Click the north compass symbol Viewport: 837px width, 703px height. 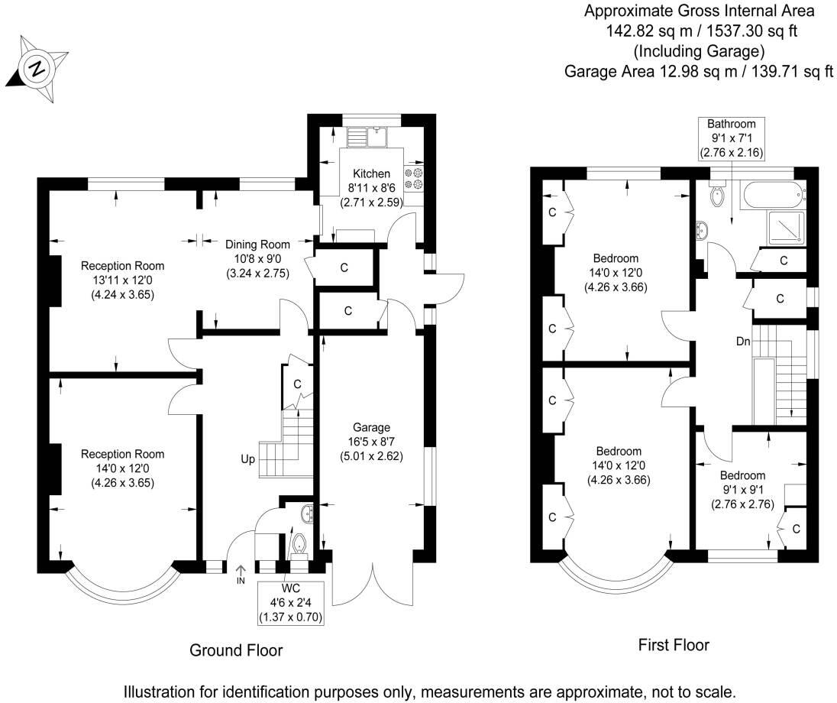35,70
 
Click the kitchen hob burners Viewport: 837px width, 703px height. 413,179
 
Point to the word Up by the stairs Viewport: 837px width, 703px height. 247,460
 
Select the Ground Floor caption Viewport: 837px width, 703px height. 236,650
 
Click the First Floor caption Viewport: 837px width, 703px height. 673,645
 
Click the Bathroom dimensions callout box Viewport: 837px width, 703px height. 731,138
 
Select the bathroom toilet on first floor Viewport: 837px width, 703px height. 717,196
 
